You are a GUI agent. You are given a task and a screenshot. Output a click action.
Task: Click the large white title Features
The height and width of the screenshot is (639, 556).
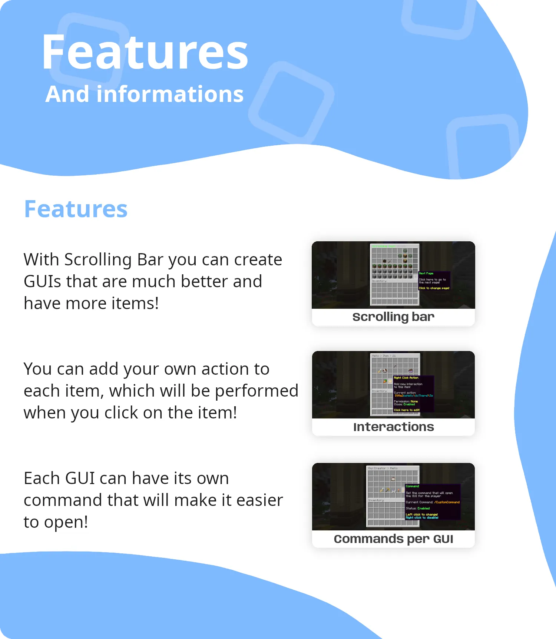pos(145,53)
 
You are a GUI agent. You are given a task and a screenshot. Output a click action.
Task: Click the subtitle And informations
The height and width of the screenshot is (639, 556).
pos(145,94)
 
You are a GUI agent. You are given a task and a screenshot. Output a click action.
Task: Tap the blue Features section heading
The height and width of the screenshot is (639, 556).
pos(76,209)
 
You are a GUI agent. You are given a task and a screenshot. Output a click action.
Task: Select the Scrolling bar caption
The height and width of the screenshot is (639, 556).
pos(393,317)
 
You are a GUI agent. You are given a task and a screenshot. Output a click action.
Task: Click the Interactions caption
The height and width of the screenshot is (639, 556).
pos(393,427)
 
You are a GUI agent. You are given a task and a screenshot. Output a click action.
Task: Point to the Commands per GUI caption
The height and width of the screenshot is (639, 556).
pos(393,539)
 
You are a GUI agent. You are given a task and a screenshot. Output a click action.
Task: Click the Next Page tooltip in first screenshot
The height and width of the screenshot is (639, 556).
pos(434,281)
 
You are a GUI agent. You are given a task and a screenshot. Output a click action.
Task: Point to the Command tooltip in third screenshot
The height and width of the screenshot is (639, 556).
pos(433,501)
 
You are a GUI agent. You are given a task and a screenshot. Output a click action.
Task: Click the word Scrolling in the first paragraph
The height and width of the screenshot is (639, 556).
pos(98,260)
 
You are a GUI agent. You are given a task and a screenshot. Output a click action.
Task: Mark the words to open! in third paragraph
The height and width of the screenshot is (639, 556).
pos(56,522)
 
